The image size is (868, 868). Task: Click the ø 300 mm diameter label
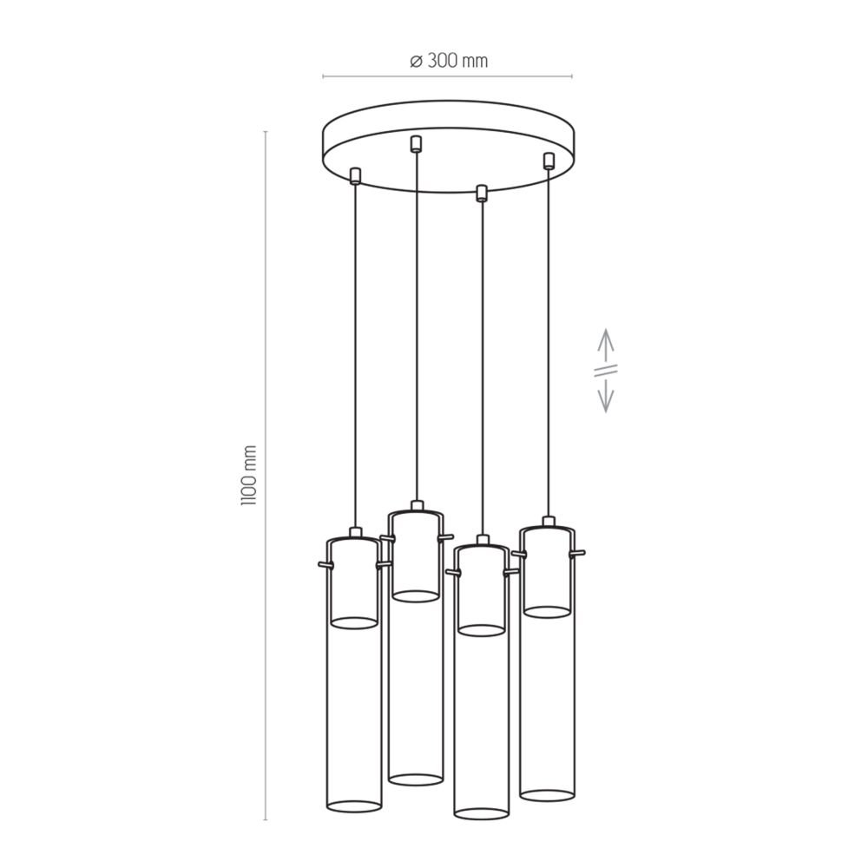pyautogui.click(x=449, y=61)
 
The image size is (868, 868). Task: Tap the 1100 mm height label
pyautogui.click(x=249, y=476)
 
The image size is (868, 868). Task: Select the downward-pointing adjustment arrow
pyautogui.click(x=606, y=395)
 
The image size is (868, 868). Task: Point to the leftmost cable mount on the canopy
pyautogui.click(x=355, y=175)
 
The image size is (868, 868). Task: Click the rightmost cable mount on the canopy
pyautogui.click(x=549, y=161)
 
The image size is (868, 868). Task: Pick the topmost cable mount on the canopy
pyautogui.click(x=416, y=143)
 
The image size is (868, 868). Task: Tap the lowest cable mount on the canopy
pyautogui.click(x=482, y=193)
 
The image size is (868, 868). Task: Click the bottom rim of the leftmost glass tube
pyautogui.click(x=354, y=806)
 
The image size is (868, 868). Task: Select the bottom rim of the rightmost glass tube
pyautogui.click(x=548, y=795)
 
